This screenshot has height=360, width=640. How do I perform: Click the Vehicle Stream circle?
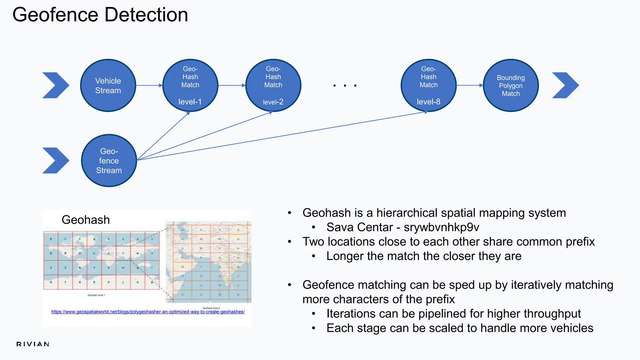pyautogui.click(x=108, y=85)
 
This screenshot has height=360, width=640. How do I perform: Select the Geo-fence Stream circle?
pyautogui.click(x=109, y=161)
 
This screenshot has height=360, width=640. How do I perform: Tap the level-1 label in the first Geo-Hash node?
pyautogui.click(x=190, y=102)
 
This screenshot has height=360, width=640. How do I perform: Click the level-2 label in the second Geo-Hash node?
pyautogui.click(x=273, y=102)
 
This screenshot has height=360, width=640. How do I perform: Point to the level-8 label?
pyautogui.click(x=428, y=102)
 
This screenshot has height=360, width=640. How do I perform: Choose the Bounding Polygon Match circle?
pyautogui.click(x=511, y=85)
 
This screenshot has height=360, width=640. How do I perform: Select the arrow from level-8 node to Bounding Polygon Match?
pyautogui.click(x=469, y=85)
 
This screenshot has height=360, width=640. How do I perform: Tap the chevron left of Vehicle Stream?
pyautogui.click(x=56, y=85)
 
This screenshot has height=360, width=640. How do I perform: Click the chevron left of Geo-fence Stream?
pyautogui.click(x=56, y=161)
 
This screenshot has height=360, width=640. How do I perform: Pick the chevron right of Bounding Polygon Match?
pyautogui.click(x=565, y=85)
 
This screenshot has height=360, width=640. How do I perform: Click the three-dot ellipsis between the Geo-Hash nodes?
pyautogui.click(x=345, y=85)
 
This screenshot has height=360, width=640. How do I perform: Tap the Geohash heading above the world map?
pyautogui.click(x=86, y=220)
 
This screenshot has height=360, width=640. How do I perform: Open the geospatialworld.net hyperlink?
pyautogui.click(x=148, y=312)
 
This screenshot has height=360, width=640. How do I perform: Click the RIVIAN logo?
pyautogui.click(x=33, y=344)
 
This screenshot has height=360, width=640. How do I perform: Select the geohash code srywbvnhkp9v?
pyautogui.click(x=441, y=227)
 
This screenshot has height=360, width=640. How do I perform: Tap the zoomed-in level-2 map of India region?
pyautogui.click(x=208, y=262)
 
